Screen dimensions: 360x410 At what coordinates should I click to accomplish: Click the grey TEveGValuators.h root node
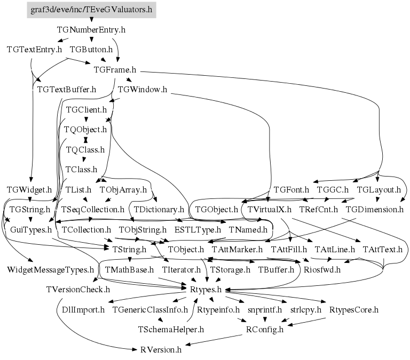[x=91, y=10]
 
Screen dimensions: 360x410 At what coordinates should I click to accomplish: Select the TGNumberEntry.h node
[x=91, y=30]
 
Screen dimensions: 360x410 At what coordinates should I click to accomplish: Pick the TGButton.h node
[x=91, y=50]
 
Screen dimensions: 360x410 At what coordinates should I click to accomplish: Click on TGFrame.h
[x=115, y=69]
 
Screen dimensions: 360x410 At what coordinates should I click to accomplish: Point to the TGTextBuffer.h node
[x=67, y=89]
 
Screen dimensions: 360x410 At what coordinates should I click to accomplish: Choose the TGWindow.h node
[x=143, y=89]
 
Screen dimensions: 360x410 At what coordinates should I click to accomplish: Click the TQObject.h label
[x=85, y=129]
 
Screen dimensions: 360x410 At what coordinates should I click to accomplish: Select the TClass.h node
[x=81, y=170]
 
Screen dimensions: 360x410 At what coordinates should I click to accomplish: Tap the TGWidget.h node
[x=29, y=189]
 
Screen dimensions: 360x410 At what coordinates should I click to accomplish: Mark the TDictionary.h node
[x=159, y=209]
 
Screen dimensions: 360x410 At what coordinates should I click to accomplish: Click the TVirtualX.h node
[x=270, y=209]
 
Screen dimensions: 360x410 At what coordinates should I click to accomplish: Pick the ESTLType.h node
[x=198, y=230]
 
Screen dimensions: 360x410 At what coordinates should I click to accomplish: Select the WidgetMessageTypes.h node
[x=51, y=269]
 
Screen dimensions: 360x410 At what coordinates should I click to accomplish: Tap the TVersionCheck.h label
[x=78, y=290]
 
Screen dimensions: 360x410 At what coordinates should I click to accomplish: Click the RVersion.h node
[x=161, y=350]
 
